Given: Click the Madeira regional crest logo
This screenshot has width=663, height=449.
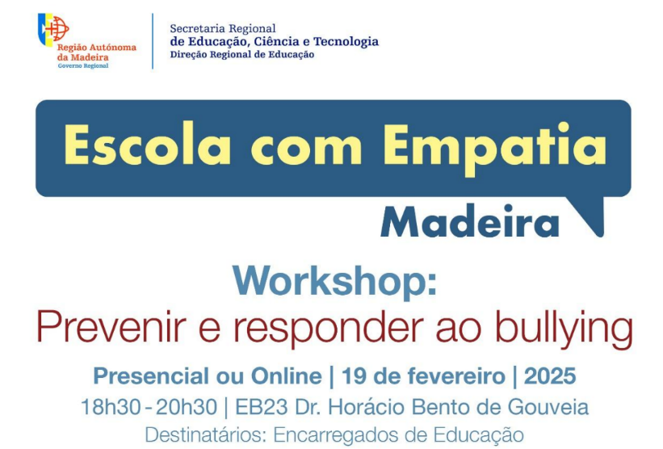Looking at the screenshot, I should (53, 30).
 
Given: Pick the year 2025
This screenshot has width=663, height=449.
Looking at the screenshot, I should (550, 376).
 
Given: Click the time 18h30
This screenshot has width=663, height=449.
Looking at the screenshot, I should (107, 406).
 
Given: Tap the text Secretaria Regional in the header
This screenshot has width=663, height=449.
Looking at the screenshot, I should (222, 29).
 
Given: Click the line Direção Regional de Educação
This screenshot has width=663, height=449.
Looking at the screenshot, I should (241, 55).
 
